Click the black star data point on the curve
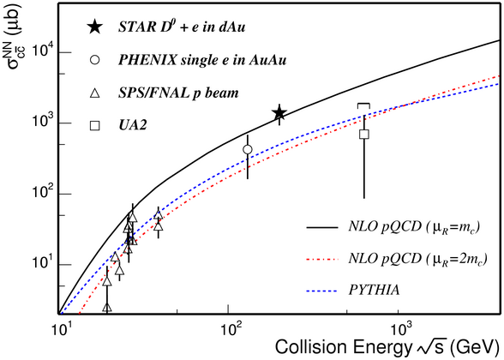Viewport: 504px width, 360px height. point(279,113)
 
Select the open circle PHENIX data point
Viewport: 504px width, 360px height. point(248,149)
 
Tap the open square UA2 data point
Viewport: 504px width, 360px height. point(363,134)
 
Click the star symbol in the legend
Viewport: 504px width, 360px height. point(95,27)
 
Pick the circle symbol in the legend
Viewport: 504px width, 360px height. point(95,60)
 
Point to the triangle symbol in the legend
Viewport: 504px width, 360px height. point(95,93)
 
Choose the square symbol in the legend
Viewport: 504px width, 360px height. point(95,126)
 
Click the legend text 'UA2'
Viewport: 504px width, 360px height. point(133,125)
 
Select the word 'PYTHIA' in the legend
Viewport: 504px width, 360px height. point(374,291)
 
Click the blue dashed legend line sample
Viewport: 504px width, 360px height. point(321,291)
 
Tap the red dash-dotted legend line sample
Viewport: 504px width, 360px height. point(321,259)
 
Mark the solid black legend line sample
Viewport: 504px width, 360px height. point(321,227)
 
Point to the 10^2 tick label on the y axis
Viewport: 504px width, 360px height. point(43,192)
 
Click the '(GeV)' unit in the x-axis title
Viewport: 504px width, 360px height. point(476,348)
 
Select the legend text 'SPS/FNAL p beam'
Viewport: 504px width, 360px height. point(178,93)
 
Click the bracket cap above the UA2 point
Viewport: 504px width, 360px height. point(363,105)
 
